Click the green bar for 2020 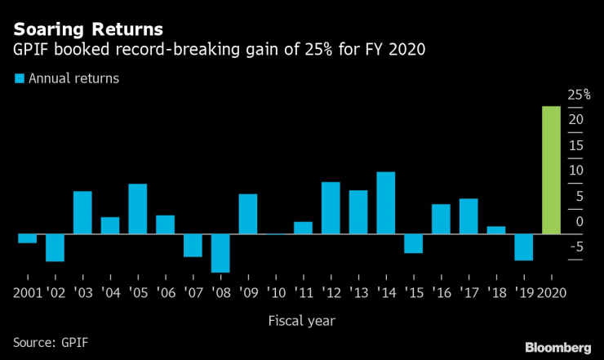click(551, 170)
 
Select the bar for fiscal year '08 click(220, 253)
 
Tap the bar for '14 click(386, 202)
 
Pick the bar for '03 click(82, 212)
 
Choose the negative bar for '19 click(523, 247)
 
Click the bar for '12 click(331, 207)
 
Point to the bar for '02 click(56, 247)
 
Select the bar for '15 click(413, 243)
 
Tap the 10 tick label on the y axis click(577, 171)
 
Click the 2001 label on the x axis click(27, 292)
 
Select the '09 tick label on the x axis click(247, 292)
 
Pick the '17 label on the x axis click(468, 292)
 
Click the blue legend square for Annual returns click(19, 78)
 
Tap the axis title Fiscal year click(302, 321)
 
